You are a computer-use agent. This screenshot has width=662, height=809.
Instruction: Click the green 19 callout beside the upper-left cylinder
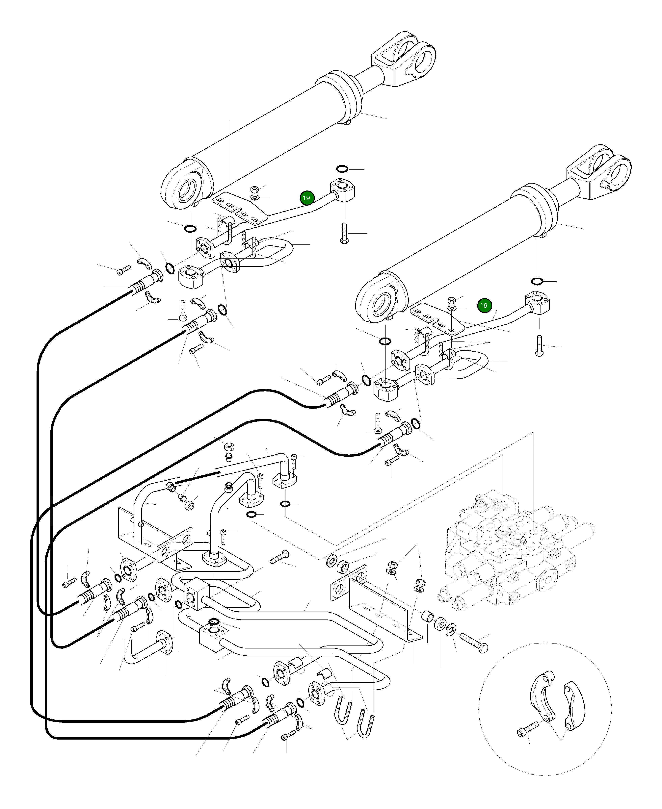306,198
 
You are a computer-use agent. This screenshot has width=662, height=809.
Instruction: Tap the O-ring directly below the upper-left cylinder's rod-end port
342,169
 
